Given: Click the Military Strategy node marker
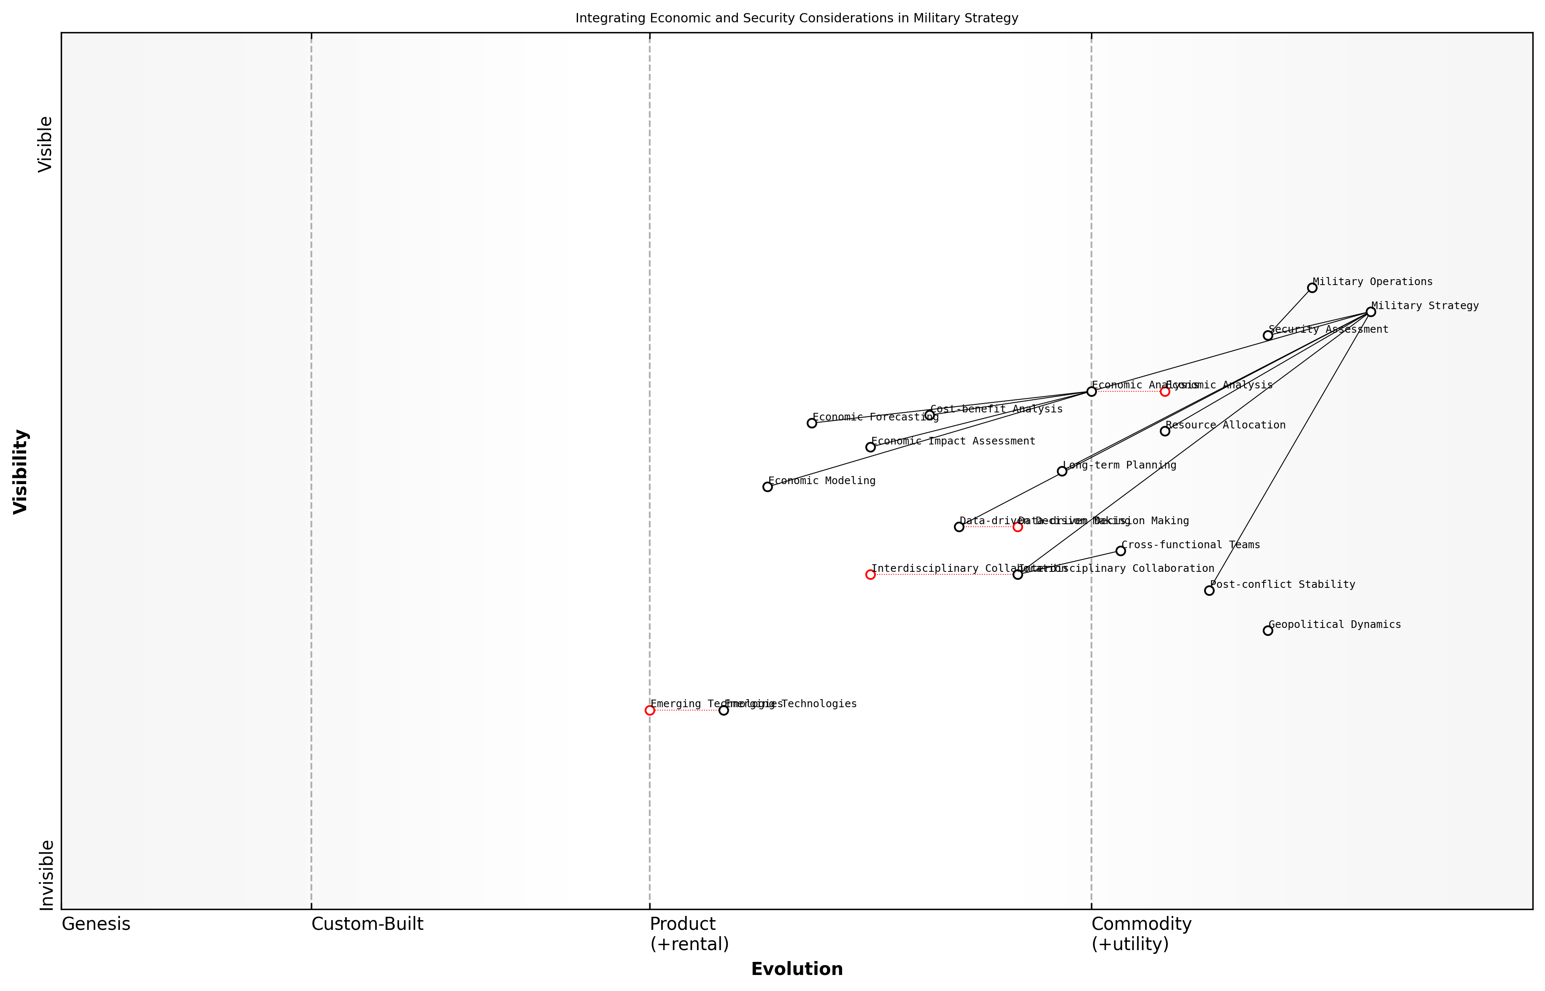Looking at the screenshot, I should [1370, 312].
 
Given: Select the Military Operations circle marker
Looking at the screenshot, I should [1312, 288].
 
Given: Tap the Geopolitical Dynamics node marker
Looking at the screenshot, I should [1267, 630].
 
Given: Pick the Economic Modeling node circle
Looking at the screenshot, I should [767, 487].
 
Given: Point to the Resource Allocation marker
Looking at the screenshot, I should [1164, 431].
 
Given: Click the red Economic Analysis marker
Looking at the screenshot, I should [1164, 391].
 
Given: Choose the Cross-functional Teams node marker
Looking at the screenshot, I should [1121, 551].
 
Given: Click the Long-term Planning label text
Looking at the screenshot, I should [1119, 465].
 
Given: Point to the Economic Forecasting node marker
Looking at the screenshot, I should [812, 423].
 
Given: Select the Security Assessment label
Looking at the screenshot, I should [1328, 329].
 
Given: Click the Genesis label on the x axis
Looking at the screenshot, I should [96, 924].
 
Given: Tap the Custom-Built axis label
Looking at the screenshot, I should [367, 924].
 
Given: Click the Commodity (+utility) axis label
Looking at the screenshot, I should [1141, 934].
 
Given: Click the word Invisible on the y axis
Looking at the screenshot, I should [46, 875].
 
